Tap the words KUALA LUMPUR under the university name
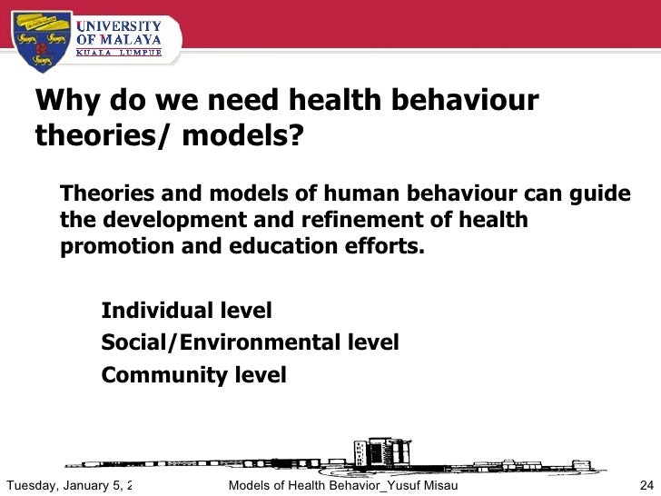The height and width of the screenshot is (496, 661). point(118,53)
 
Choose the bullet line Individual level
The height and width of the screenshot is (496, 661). point(186,311)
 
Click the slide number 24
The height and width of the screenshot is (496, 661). point(647,484)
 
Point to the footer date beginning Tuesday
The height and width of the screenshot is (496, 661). point(68,484)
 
